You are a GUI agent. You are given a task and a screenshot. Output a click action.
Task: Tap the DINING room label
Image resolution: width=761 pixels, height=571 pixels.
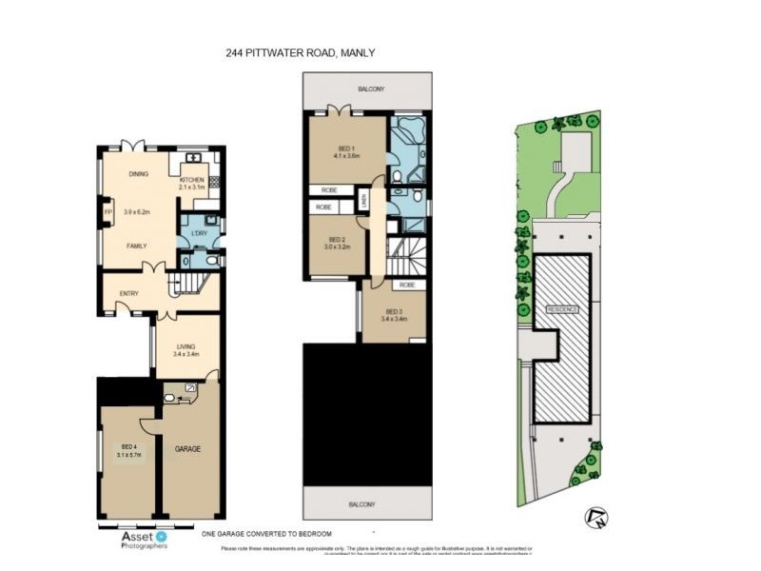(x=138, y=174)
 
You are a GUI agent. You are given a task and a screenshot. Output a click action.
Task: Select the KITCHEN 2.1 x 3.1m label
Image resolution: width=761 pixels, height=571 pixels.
(x=192, y=183)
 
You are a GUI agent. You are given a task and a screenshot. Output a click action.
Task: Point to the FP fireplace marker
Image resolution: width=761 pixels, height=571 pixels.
(x=107, y=211)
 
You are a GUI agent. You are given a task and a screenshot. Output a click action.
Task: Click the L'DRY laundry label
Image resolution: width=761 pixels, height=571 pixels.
(x=199, y=233)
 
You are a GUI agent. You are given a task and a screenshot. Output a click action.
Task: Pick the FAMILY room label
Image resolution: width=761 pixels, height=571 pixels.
(x=138, y=246)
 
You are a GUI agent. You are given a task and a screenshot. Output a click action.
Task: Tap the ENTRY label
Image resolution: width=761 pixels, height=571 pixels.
(x=128, y=292)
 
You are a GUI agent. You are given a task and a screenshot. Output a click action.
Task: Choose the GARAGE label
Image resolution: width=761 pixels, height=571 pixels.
(x=187, y=448)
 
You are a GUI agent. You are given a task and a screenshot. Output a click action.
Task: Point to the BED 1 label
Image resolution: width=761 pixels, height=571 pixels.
(x=345, y=151)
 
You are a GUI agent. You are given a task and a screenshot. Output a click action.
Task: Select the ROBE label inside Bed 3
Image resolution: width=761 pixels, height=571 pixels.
(x=406, y=285)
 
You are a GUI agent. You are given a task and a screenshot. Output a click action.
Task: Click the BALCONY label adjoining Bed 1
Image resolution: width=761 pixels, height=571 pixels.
(x=371, y=89)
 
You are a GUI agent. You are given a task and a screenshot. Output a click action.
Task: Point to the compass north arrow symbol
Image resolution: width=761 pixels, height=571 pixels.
(x=598, y=517)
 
